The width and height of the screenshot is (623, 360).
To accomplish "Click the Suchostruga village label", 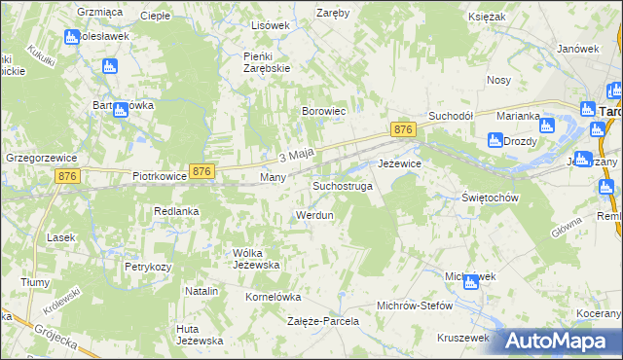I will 342,185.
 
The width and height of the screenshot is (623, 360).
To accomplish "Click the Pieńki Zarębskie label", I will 267,62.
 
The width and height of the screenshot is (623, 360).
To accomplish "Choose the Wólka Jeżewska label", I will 256,259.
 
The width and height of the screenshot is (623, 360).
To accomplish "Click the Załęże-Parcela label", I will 323,320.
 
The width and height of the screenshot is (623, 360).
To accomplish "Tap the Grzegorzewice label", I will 41,156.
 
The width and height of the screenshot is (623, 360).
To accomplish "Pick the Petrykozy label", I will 148,266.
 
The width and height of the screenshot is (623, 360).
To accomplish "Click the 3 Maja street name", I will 295,154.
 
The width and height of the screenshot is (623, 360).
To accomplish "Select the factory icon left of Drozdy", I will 495,140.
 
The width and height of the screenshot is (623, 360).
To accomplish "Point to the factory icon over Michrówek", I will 471,282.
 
